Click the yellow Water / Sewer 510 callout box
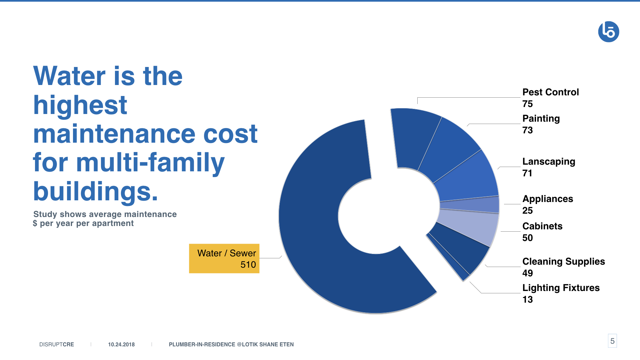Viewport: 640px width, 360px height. point(224,258)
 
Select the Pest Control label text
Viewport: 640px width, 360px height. point(550,92)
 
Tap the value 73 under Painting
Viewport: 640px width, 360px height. point(527,130)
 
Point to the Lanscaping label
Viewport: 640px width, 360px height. point(549,162)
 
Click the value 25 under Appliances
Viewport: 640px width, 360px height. point(527,210)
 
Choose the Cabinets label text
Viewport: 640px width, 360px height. point(542,226)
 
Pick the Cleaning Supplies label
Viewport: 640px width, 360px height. point(563,262)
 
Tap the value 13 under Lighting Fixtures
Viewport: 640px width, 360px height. point(527,299)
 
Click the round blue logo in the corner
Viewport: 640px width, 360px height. point(609,32)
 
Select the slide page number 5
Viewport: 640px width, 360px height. point(612,341)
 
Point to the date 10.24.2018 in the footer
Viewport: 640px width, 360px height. point(121,344)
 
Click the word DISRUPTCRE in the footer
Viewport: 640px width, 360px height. point(57,344)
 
